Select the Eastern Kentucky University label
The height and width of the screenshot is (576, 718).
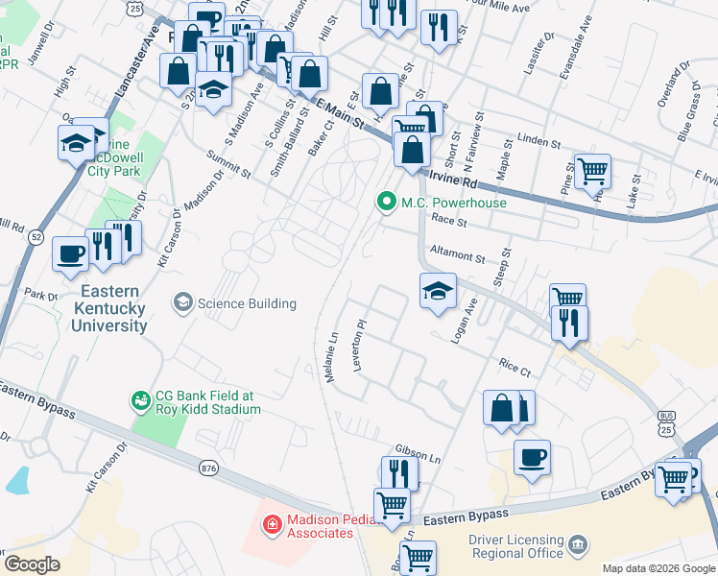point(108,308)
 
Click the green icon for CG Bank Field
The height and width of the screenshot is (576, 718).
point(140,398)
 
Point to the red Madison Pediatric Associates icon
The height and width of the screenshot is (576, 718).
point(273,525)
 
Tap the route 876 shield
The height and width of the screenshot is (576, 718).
point(209,468)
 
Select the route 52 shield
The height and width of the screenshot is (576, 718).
point(36,236)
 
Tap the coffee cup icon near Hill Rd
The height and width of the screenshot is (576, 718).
point(71,254)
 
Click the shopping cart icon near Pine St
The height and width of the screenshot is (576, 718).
point(592,170)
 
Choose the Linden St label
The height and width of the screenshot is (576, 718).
point(538,141)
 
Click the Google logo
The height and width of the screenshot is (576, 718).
point(32,564)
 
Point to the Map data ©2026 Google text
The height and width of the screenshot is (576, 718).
point(658,568)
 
